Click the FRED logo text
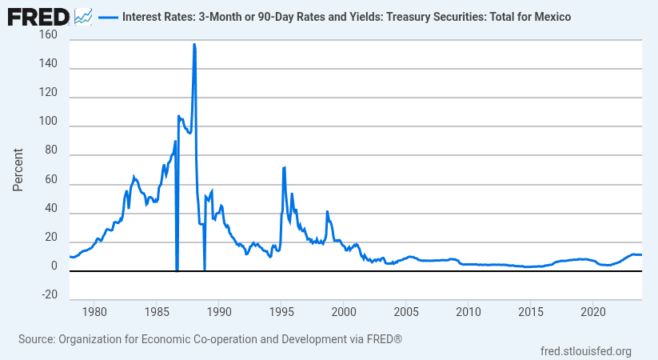pos(38,15)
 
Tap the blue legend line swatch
pos(107,16)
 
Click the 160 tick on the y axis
pos(47,36)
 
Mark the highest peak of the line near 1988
pos(194,45)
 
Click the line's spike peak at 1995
pos(284,167)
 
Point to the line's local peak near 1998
pos(327,211)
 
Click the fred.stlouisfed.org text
pos(586,350)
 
